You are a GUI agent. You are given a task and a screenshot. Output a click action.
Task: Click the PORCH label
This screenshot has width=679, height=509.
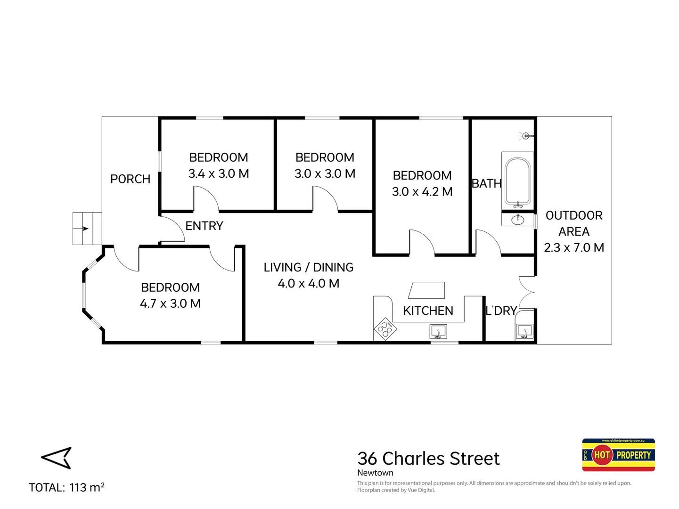[130, 179]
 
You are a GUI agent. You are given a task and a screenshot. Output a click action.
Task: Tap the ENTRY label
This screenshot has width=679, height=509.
[204, 226]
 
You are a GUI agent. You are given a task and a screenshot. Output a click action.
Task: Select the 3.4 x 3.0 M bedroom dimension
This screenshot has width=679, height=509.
[219, 173]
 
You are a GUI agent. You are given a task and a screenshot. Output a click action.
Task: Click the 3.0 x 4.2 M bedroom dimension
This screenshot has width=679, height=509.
[422, 191]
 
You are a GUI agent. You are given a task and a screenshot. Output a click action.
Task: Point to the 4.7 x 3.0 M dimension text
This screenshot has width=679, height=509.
[170, 304]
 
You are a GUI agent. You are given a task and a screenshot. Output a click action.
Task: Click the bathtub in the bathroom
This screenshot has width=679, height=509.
[518, 181]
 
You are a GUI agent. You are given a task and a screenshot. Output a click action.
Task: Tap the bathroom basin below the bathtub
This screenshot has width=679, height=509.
[517, 219]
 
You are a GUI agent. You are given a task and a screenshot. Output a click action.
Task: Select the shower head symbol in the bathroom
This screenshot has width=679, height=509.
[526, 136]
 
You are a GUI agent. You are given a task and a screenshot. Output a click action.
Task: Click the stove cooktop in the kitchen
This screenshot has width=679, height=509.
[385, 328]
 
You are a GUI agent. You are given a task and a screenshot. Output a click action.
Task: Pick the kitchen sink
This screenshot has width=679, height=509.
[438, 332]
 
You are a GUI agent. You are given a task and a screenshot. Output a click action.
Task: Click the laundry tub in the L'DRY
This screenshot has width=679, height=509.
[524, 331]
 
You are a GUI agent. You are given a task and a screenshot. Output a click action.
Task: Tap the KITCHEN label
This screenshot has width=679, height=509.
[428, 311]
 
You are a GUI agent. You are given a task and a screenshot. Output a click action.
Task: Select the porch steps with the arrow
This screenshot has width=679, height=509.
[87, 229]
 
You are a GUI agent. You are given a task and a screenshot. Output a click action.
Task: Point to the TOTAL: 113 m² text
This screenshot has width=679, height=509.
[66, 487]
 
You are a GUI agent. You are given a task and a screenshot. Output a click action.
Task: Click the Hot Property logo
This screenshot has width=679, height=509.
[618, 455]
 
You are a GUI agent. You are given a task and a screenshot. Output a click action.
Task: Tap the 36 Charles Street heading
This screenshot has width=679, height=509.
[428, 458]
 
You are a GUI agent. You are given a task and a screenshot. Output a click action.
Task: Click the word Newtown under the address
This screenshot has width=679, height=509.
[375, 473]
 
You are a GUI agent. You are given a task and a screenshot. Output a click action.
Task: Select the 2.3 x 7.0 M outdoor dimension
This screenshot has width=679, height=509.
[573, 247]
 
